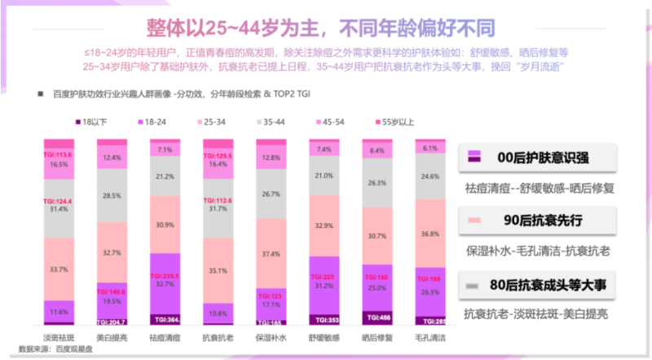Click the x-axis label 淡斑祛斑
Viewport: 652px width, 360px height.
coord(59,336)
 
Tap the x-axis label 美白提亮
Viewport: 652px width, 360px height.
coord(112,336)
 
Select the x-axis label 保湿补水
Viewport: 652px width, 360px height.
coord(271,336)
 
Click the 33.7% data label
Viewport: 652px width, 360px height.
coord(59,270)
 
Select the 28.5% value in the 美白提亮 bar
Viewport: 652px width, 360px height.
coord(112,196)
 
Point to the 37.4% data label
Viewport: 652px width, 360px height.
coord(271,252)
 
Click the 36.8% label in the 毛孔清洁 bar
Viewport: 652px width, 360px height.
coord(430,232)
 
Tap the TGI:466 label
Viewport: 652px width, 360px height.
coord(377,317)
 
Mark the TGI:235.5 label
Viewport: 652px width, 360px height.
coord(165,275)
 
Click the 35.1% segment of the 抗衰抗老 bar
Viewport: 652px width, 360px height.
coord(218,271)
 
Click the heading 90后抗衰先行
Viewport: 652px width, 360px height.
coord(539,221)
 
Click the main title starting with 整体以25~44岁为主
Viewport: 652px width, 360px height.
coord(326,27)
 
